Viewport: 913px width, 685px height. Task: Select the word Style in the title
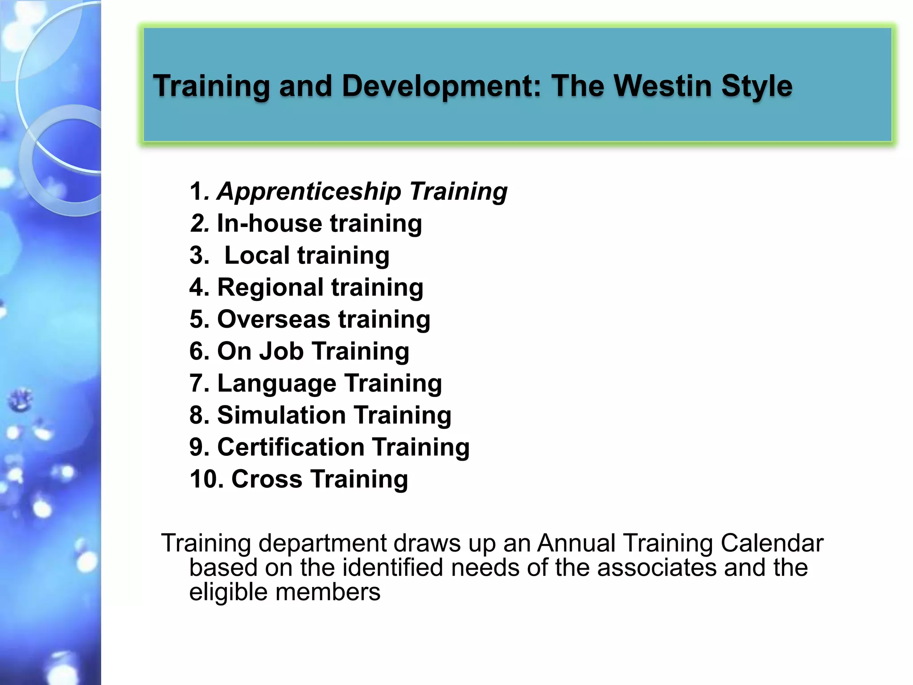click(x=757, y=87)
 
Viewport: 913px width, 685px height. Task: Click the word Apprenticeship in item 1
click(x=309, y=192)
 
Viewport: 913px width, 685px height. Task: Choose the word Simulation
click(x=281, y=415)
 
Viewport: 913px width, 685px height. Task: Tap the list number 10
click(x=206, y=479)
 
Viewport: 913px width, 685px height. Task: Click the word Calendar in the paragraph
click(x=772, y=544)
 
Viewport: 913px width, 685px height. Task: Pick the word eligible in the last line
click(x=228, y=593)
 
